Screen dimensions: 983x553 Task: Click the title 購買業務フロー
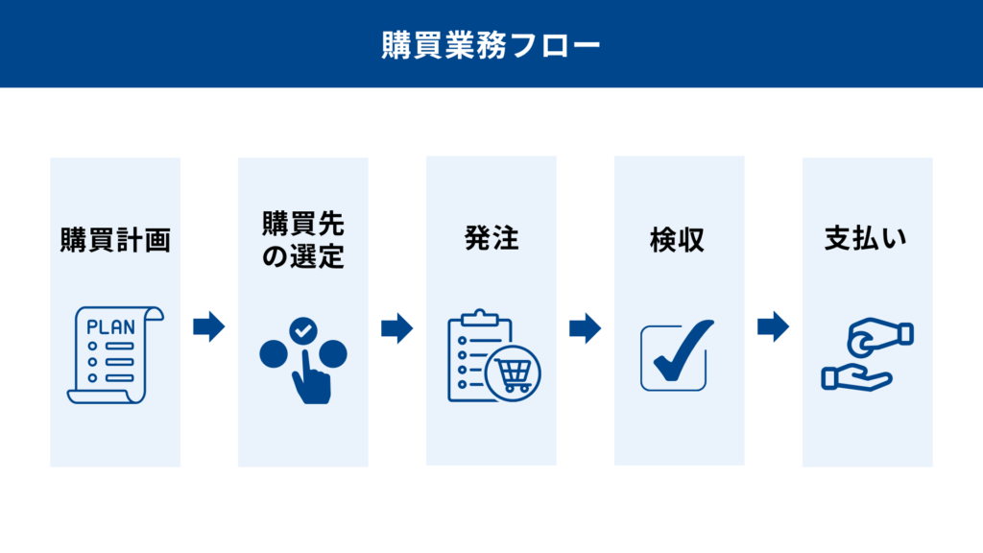pos(491,45)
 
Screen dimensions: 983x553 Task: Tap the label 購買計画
pos(115,240)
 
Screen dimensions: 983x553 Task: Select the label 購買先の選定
pos(303,240)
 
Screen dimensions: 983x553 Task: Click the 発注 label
pos(491,238)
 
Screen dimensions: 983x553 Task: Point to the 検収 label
pos(677,240)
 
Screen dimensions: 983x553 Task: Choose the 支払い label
pos(865,238)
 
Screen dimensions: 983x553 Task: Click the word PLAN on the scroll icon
pos(110,326)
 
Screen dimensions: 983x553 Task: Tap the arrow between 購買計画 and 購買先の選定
pos(208,326)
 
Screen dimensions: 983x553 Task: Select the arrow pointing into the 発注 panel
pos(396,328)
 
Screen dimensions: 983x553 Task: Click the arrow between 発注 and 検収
pos(585,328)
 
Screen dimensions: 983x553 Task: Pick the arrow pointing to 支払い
pos(773,326)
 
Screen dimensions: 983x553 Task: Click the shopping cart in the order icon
pos(515,374)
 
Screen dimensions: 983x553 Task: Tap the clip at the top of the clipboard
pos(480,317)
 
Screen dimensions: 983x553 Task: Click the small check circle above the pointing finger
pos(303,330)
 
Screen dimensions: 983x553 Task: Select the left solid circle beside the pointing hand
pos(274,354)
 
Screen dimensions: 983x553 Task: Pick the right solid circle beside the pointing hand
pos(333,354)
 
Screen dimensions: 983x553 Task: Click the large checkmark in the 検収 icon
pos(681,352)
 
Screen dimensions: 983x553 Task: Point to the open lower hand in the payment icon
pos(856,378)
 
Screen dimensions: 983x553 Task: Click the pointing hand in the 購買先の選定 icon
pos(310,378)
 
